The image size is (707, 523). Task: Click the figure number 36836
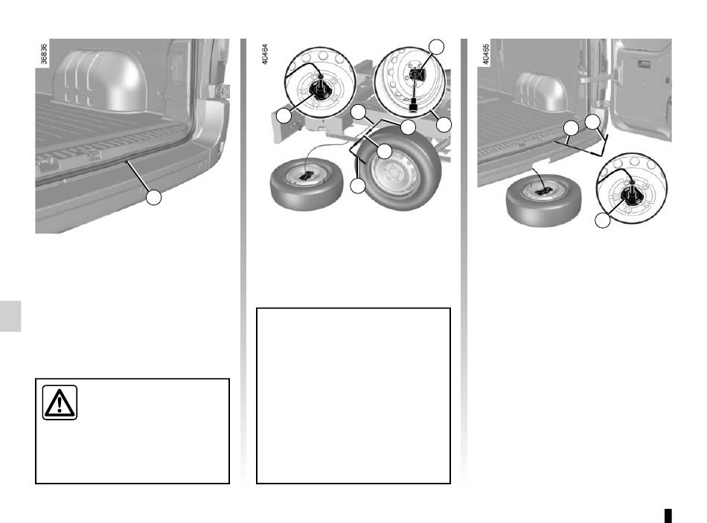pyautogui.click(x=44, y=54)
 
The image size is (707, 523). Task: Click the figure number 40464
pyautogui.click(x=265, y=54)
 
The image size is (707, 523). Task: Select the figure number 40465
pyautogui.click(x=486, y=54)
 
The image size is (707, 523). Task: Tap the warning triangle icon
pyautogui.click(x=60, y=402)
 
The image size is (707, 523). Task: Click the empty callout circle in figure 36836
pyautogui.click(x=154, y=197)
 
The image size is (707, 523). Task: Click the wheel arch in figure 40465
pyautogui.click(x=541, y=92)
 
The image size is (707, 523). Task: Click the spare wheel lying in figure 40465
pyautogui.click(x=543, y=200)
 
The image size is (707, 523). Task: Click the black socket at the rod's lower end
pyautogui.click(x=412, y=107)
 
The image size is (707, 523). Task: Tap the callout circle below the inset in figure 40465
pyautogui.click(x=603, y=220)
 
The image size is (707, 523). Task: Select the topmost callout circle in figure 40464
pyautogui.click(x=436, y=46)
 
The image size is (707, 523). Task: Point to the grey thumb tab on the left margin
pyautogui.click(x=10, y=316)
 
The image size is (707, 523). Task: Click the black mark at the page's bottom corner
pyautogui.click(x=668, y=516)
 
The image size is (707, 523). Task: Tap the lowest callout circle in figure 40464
pyautogui.click(x=358, y=186)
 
